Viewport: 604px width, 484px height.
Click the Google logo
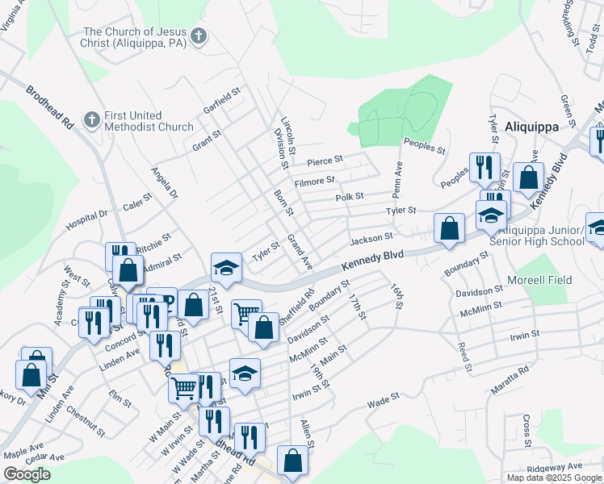point(27,474)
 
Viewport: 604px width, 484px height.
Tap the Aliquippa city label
point(531,127)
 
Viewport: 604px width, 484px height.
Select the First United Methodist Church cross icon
point(92,120)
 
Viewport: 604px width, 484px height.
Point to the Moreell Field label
point(539,280)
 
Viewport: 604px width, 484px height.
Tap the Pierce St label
point(325,160)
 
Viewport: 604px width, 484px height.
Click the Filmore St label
point(314,181)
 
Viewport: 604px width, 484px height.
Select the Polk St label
point(349,196)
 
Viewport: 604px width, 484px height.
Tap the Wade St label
point(384,399)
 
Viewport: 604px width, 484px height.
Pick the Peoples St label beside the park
point(425,146)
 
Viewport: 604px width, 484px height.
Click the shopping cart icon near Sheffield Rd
point(245,314)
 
